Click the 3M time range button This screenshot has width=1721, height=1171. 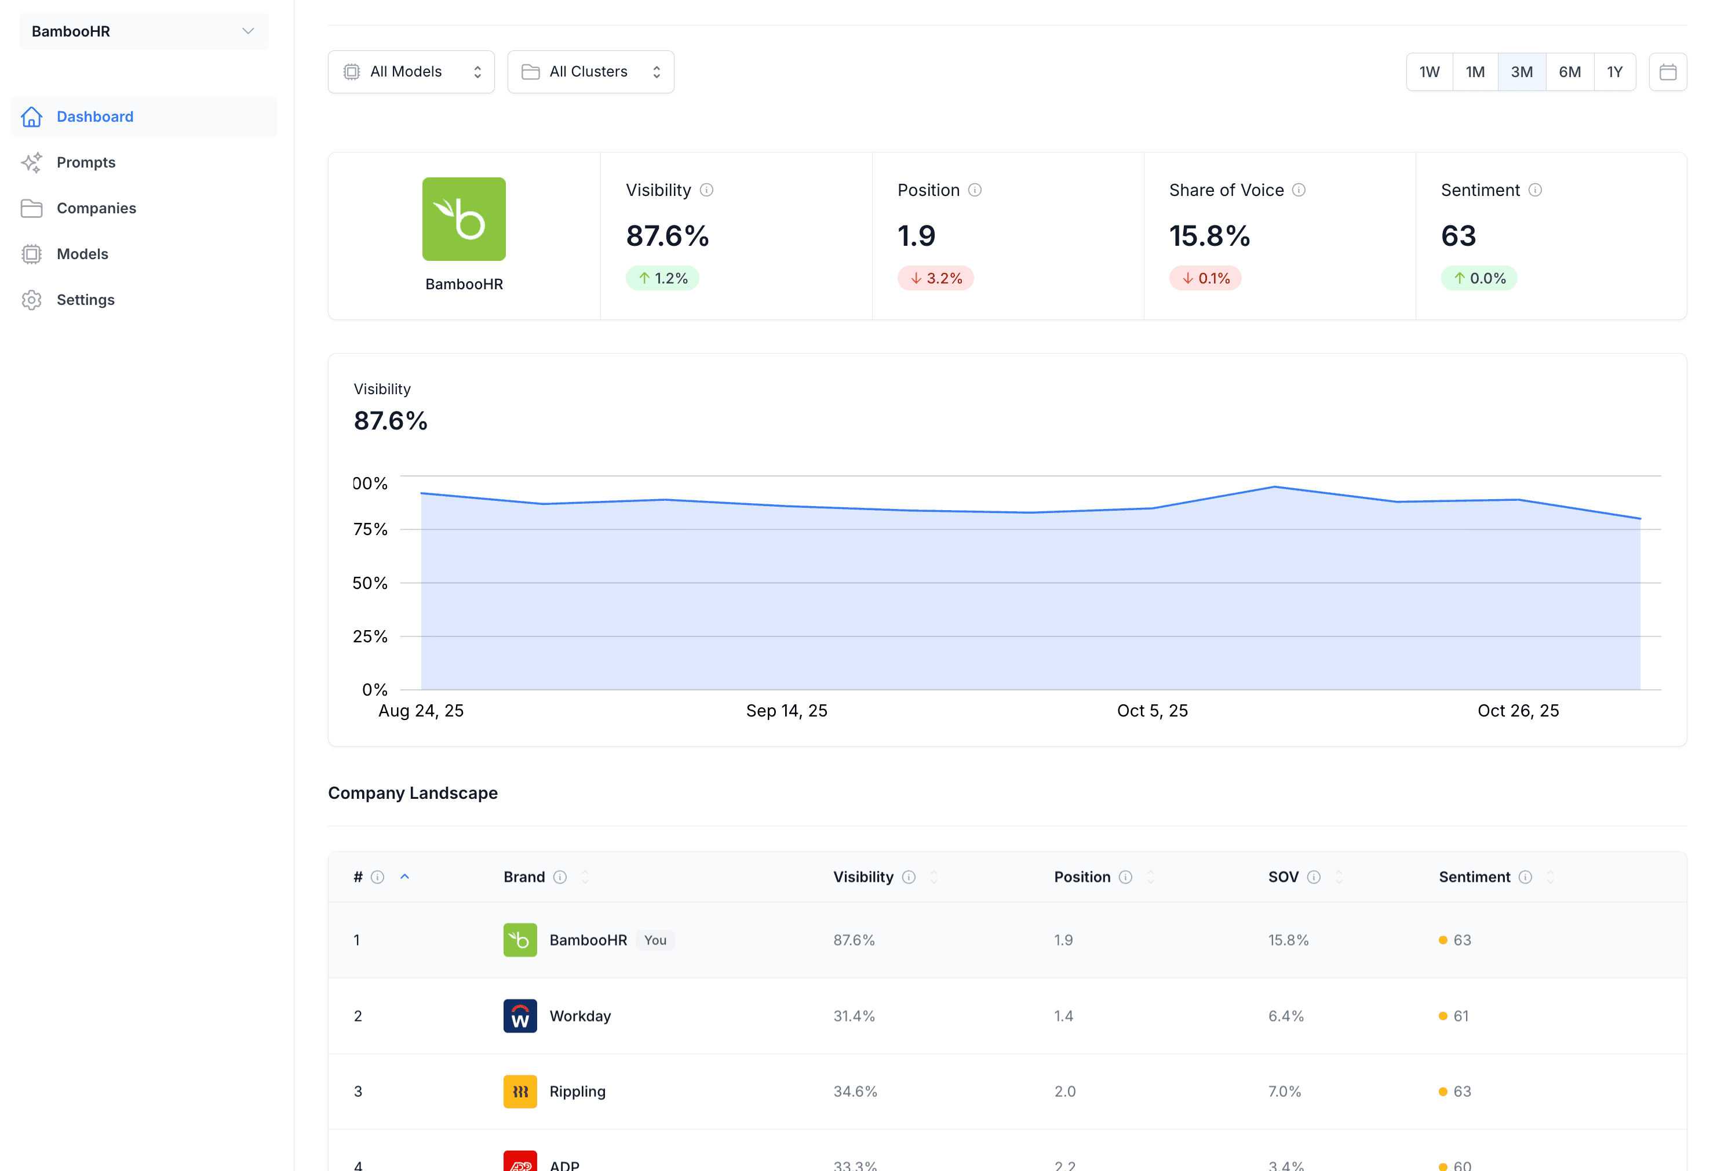click(x=1521, y=72)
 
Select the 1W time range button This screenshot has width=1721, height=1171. click(x=1428, y=72)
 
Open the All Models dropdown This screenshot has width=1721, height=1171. click(x=411, y=72)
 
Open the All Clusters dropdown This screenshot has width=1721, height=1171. click(x=590, y=72)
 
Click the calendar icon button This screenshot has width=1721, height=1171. click(x=1667, y=72)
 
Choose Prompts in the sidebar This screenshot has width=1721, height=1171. click(x=86, y=162)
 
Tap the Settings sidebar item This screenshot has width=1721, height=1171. click(x=85, y=300)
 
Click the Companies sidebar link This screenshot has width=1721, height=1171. click(x=96, y=208)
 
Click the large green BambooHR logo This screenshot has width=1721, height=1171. click(x=464, y=219)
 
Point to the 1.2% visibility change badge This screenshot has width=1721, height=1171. click(x=662, y=278)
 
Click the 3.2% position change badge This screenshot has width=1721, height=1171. click(x=935, y=278)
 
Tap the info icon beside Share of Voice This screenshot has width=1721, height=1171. click(x=1298, y=190)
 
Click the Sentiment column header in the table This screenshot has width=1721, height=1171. click(x=1474, y=877)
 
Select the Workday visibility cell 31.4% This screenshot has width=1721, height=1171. click(x=854, y=1016)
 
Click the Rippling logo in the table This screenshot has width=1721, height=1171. click(x=520, y=1092)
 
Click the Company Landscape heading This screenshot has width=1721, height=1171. click(x=413, y=793)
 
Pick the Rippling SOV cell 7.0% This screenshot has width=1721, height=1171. click(x=1284, y=1092)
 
